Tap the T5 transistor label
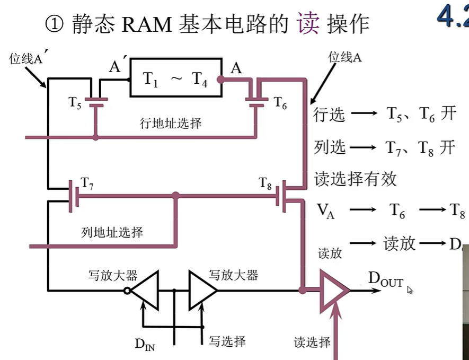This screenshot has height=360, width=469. coord(75,102)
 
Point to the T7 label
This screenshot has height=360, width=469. coord(87,183)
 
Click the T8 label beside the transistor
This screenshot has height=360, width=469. coord(266,183)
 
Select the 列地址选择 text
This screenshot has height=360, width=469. coord(112,232)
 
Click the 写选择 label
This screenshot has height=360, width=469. coord(227,340)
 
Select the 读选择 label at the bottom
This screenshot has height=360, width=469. coord(312,342)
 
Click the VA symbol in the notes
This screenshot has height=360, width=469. coord(325,211)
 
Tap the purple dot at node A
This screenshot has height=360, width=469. coord(221,80)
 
